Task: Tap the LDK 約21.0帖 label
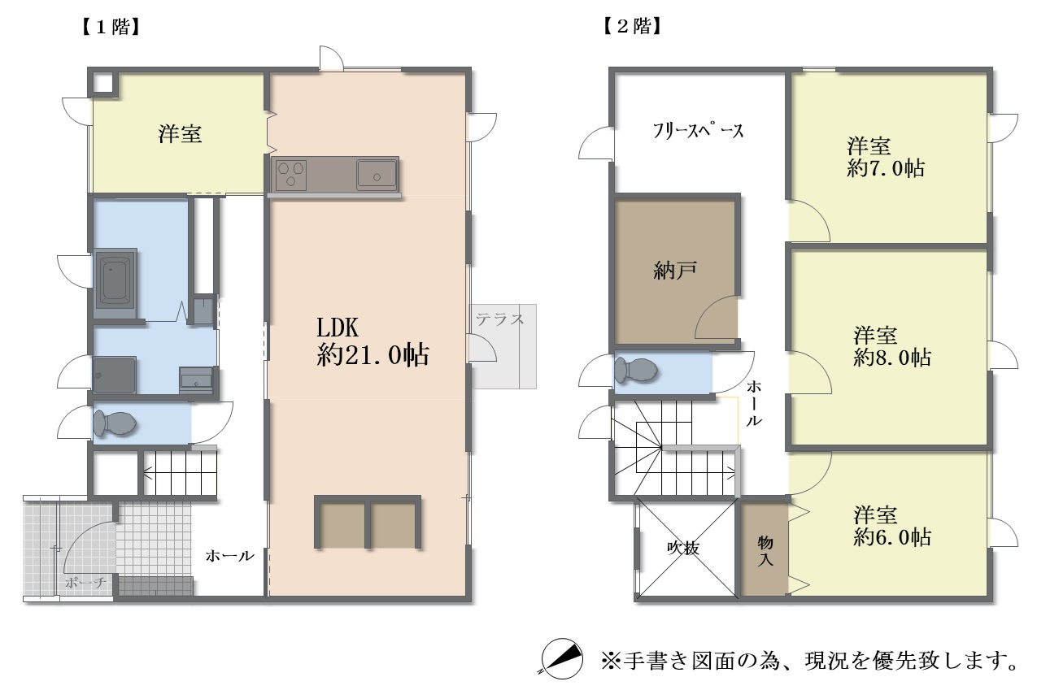click(373, 342)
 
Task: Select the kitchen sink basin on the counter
click(376, 173)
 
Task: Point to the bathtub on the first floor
click(115, 286)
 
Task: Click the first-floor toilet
click(115, 423)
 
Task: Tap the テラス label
click(500, 319)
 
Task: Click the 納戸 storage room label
click(674, 271)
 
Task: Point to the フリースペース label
click(698, 132)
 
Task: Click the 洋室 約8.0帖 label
click(891, 345)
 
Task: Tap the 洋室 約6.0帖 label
click(891, 526)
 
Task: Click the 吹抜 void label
click(683, 549)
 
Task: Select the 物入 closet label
click(765, 550)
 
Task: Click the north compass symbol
click(562, 657)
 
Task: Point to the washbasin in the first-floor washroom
click(196, 380)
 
